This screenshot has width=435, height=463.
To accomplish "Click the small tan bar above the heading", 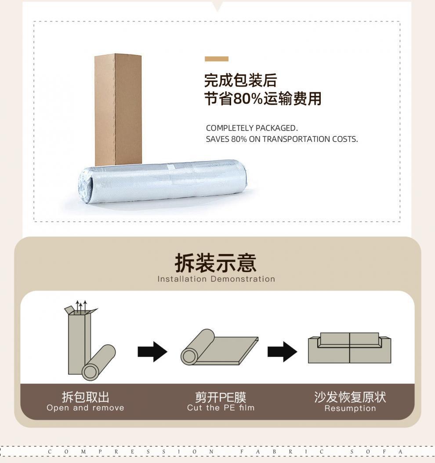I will (x=216, y=59).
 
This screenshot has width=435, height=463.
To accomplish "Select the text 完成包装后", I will (x=240, y=81).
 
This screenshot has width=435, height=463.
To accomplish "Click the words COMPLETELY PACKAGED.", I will (x=251, y=128).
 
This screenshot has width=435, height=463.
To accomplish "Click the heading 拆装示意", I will (x=215, y=263).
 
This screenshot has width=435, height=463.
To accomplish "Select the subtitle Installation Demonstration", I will (x=216, y=279).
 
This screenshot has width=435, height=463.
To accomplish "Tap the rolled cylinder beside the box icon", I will (x=99, y=362).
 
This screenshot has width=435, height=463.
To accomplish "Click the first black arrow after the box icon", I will (x=152, y=352).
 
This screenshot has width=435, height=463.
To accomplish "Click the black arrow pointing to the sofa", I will (x=282, y=352).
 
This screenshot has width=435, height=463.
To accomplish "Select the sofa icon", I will (x=349, y=348).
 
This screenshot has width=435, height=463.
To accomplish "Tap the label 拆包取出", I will (x=85, y=397).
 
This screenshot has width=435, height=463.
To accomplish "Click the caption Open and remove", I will (x=85, y=408).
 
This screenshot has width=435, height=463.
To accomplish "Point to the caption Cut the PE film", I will (x=221, y=408).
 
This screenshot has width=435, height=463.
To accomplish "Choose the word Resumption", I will (x=350, y=408).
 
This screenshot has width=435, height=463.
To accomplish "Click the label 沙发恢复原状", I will (x=350, y=397).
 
